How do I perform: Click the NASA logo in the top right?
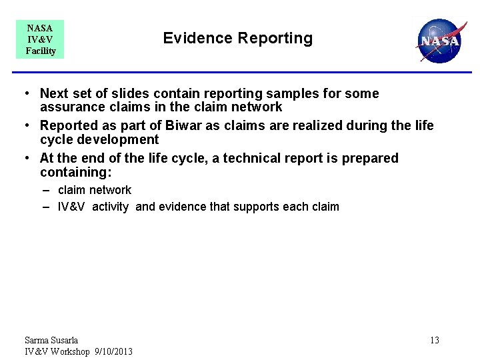point(439,40)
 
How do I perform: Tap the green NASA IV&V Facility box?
point(40,39)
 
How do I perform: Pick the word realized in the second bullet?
point(315,126)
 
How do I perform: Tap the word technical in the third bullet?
point(261,159)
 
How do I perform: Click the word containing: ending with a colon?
point(74,172)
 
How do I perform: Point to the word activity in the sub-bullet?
point(111,207)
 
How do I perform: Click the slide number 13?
point(434,341)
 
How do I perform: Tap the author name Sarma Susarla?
point(51,341)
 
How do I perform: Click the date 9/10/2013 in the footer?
point(113,351)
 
